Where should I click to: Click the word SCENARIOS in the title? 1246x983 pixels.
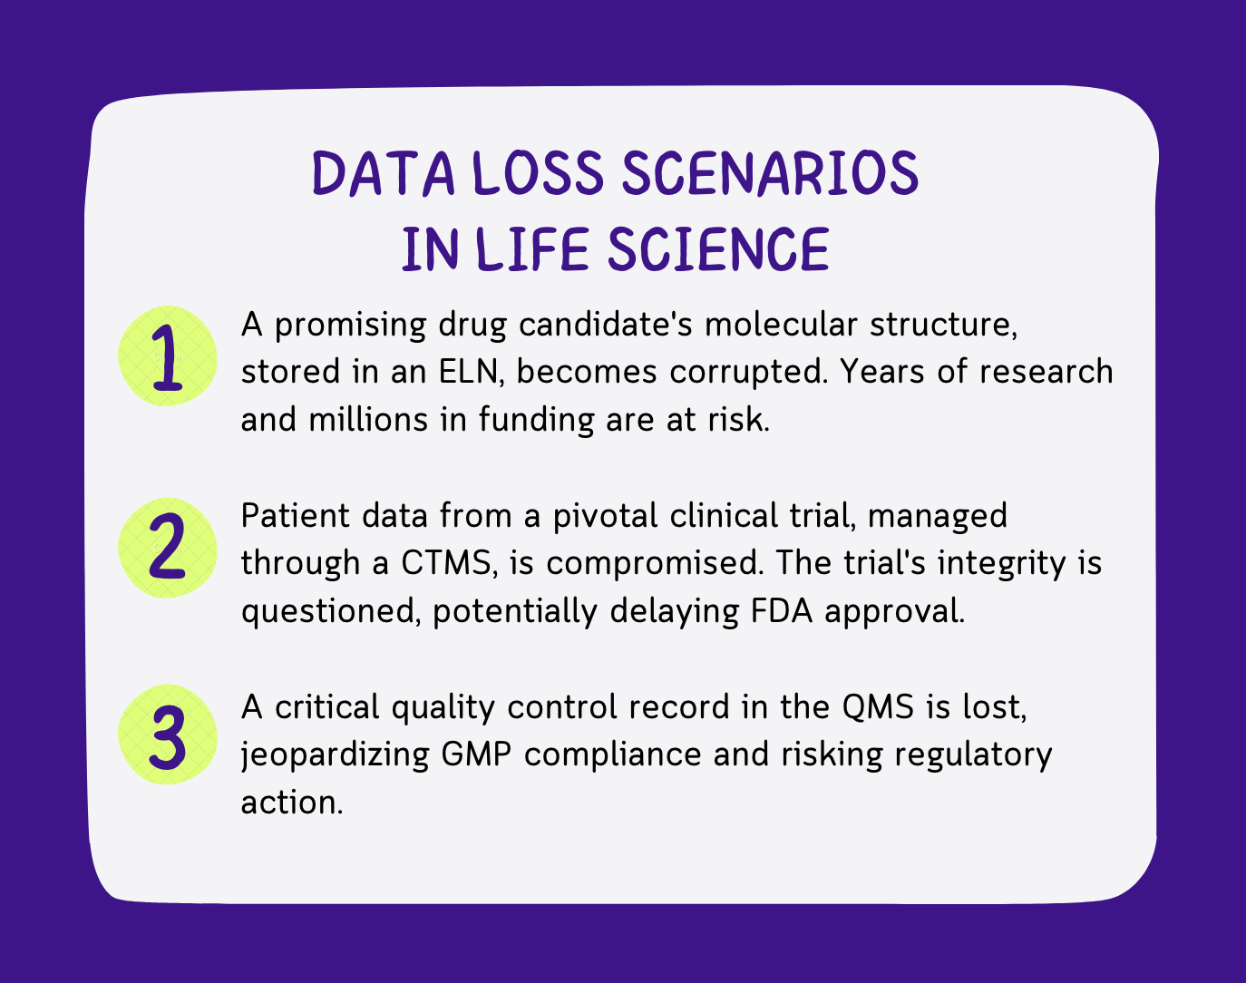point(771,173)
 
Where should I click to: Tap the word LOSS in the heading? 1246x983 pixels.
point(539,173)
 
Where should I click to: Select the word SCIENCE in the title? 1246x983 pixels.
point(718,249)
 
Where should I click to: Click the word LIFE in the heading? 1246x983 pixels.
point(533,249)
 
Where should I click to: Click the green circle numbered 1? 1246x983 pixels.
point(168,356)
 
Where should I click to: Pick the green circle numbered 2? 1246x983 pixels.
point(168,548)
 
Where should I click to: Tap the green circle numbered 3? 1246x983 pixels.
point(168,735)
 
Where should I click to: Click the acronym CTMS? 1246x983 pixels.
point(448,562)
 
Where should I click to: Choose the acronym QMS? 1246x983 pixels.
point(878,706)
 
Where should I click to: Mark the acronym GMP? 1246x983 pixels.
point(476,754)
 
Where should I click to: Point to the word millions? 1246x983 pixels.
point(368,419)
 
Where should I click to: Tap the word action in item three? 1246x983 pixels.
point(292,803)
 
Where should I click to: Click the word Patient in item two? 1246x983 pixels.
point(296,515)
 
